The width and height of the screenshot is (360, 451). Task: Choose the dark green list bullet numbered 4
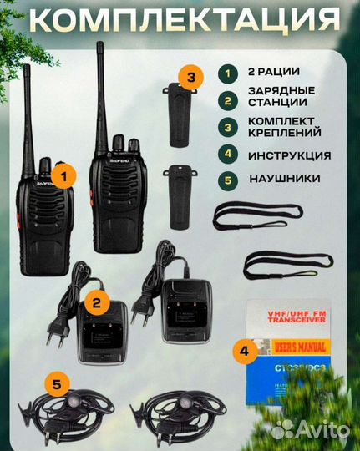point(225,155)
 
